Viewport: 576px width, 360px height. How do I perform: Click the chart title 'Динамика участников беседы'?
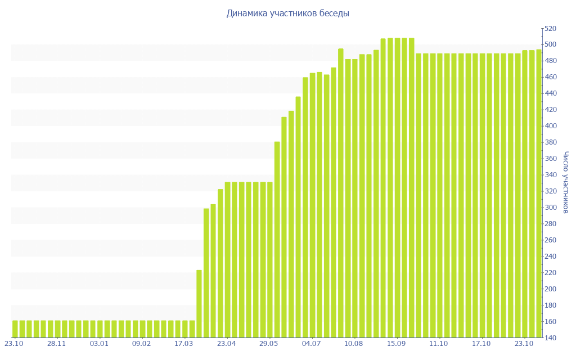tap(287, 13)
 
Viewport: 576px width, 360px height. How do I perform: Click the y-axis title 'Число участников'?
tap(566, 182)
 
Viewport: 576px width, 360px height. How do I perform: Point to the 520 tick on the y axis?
tap(550, 28)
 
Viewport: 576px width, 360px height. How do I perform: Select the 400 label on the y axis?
tap(550, 126)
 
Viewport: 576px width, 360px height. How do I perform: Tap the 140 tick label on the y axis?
tap(550, 338)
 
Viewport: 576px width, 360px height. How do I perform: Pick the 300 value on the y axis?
tap(550, 208)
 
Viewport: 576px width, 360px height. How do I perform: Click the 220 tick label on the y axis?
tap(550, 273)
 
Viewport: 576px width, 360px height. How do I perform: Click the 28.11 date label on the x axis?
tap(57, 343)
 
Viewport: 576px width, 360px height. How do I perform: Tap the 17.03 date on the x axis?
tap(184, 343)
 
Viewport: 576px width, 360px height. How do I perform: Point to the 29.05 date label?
tap(269, 343)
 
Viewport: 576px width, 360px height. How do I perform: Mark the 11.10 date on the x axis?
tap(439, 343)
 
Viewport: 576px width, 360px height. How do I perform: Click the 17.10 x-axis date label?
tap(481, 343)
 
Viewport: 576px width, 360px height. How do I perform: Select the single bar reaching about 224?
tap(199, 304)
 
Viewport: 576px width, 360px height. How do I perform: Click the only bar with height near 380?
tap(277, 239)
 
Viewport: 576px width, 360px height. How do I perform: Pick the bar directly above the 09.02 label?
tap(142, 329)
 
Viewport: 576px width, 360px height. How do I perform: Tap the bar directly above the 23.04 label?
tap(227, 260)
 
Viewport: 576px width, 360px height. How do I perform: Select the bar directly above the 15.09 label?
tap(397, 188)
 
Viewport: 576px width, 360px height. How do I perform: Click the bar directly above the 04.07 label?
tap(312, 205)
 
